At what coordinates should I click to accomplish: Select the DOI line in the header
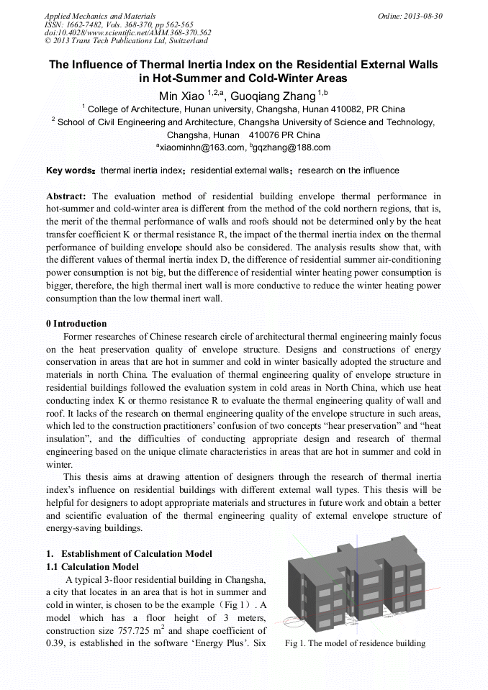127,32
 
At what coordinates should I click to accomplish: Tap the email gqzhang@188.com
292,147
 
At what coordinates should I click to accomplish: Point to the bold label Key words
69,171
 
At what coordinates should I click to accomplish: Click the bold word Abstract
65,196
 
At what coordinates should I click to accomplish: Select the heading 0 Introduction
76,324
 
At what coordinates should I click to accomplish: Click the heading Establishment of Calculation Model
136,553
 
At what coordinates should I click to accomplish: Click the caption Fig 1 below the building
355,643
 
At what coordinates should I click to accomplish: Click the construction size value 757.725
137,631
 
